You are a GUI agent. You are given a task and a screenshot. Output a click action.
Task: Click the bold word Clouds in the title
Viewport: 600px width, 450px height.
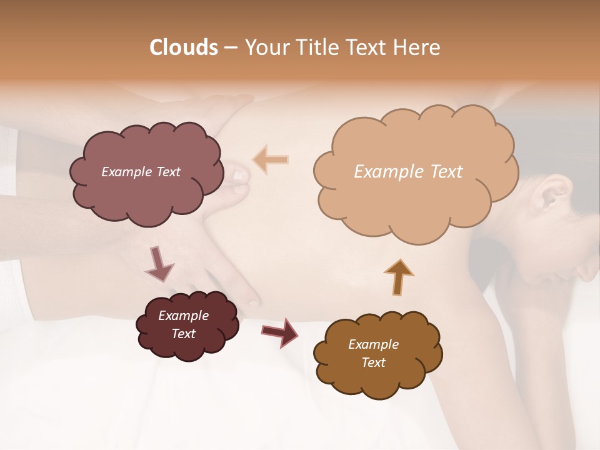184,47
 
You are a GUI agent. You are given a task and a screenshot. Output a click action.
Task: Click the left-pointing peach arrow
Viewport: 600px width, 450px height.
270,160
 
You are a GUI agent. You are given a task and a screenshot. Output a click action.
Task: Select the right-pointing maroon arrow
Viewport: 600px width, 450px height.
279,332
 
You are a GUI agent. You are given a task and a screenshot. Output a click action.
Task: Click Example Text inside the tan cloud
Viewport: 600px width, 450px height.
408,172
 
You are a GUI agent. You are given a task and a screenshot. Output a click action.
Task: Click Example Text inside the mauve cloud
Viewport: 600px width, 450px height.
141,172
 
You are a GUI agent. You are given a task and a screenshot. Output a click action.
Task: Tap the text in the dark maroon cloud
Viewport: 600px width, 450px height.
184,325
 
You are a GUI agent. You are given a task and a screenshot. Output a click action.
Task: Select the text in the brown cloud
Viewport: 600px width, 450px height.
373,354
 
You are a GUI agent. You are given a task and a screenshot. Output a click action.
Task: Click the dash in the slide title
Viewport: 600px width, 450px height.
230,48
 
